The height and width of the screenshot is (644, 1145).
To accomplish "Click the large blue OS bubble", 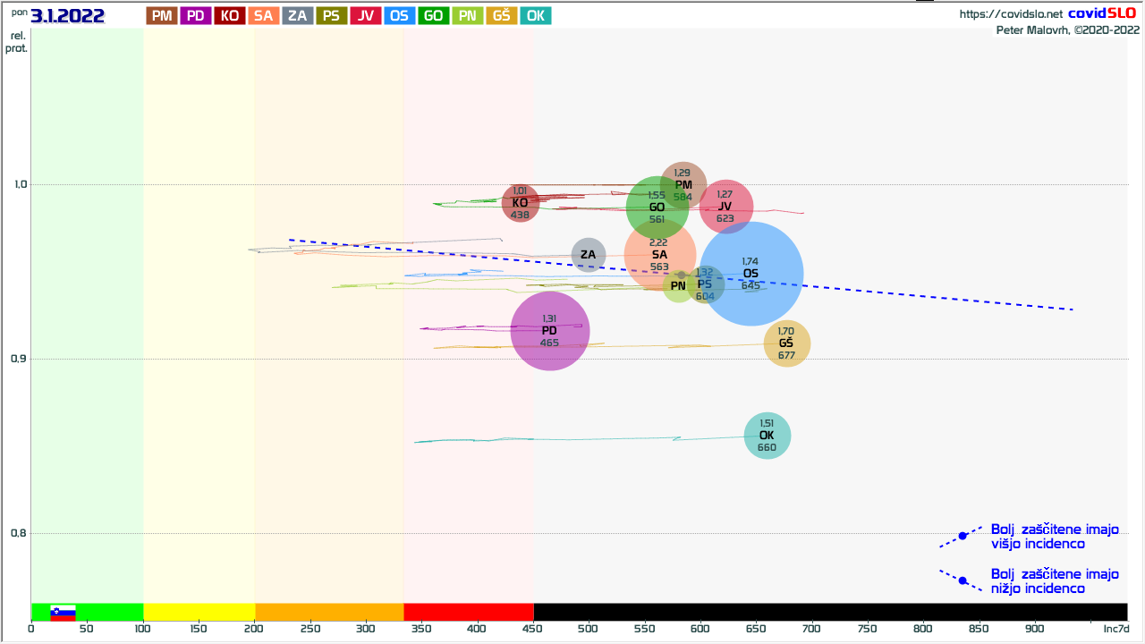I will (x=751, y=274).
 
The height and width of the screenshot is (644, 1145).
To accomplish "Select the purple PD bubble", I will (x=550, y=331).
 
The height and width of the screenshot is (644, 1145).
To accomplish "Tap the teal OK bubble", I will (x=768, y=436).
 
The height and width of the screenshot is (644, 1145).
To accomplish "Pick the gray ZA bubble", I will (x=588, y=255).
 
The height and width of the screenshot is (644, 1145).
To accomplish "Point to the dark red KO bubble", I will (x=520, y=203).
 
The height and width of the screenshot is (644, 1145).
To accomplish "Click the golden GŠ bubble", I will (x=787, y=343).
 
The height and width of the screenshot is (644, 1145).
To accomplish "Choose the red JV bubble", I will (x=725, y=207).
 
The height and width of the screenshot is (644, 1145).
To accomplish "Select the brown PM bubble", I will (x=683, y=185).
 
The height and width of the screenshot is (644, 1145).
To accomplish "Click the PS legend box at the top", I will (x=331, y=15).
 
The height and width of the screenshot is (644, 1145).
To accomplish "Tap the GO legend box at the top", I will (x=434, y=15).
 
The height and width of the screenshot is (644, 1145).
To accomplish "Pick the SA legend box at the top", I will (x=263, y=15).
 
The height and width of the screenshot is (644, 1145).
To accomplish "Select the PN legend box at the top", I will (x=468, y=15).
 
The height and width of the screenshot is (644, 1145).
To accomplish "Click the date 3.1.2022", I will (x=68, y=15).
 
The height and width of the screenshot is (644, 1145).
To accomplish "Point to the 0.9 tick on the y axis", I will (x=17, y=360).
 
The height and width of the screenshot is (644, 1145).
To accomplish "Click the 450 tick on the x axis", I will (x=532, y=628).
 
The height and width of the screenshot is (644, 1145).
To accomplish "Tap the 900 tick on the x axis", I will (x=1035, y=628).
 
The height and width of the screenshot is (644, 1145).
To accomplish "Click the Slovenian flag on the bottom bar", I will (x=63, y=612).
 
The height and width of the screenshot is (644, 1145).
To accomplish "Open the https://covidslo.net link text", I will (x=1011, y=14).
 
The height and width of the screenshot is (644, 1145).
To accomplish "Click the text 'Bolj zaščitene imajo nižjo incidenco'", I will (x=1054, y=580).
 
